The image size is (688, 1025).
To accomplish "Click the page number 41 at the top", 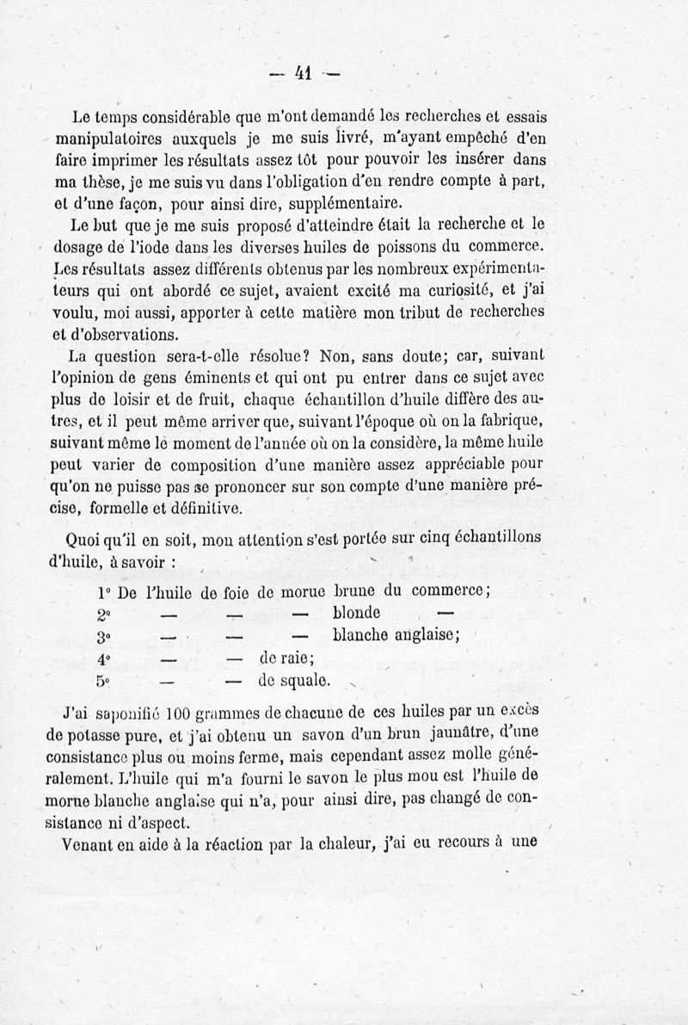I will pos(302,74).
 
